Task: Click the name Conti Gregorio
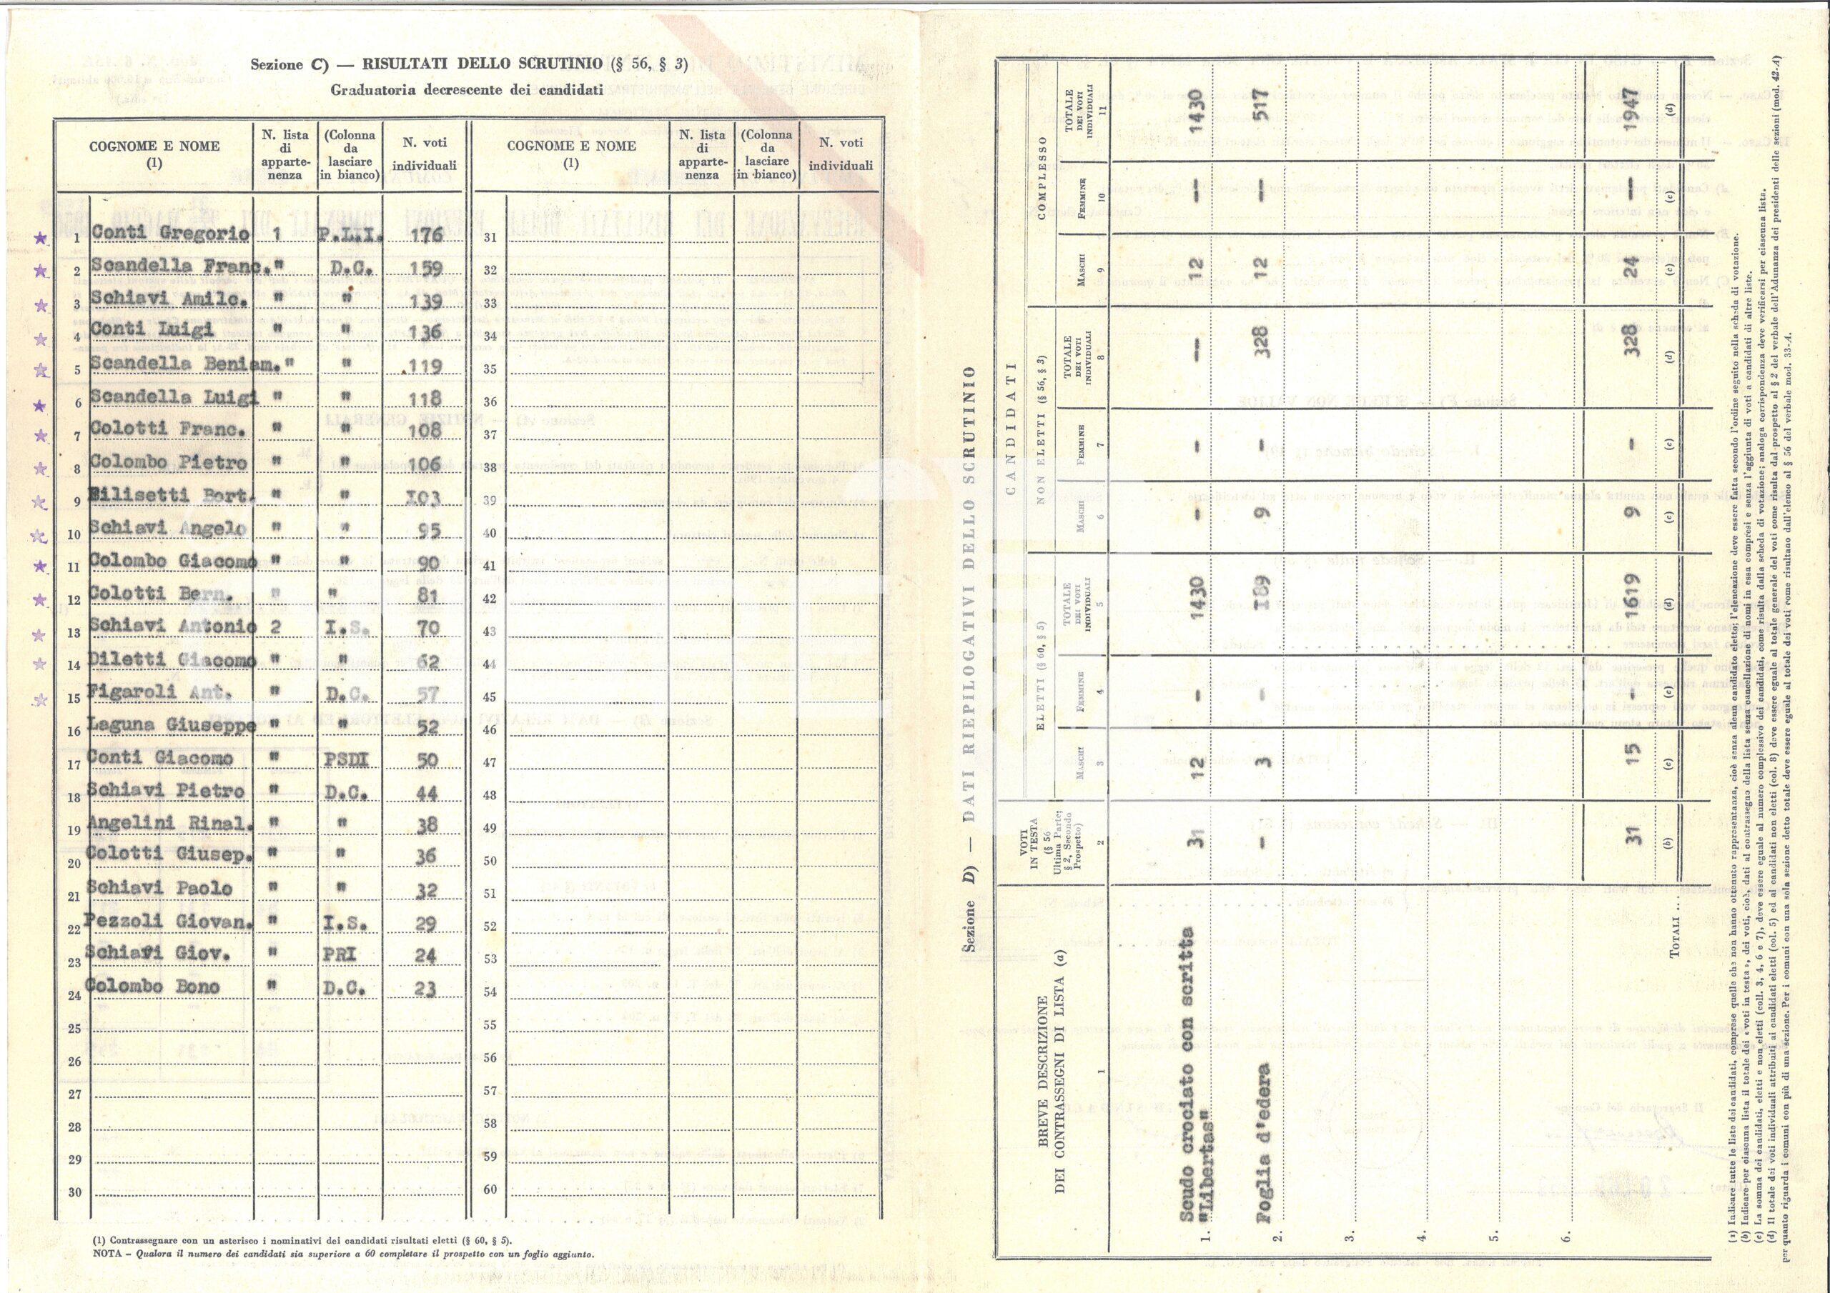tap(171, 234)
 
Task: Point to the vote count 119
tap(424, 366)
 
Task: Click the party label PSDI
tap(347, 759)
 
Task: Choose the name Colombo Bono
tap(152, 987)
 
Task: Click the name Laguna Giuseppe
tap(172, 725)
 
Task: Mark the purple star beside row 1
tap(40, 237)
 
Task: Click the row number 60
tap(490, 1189)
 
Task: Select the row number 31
tap(490, 237)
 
